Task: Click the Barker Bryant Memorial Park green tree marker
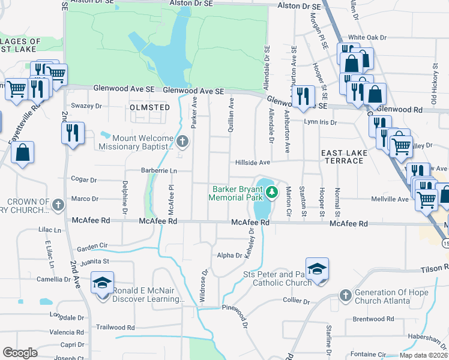[273, 192]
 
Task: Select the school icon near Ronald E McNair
[103, 283]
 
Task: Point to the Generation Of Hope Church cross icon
[345, 295]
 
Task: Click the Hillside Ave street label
[253, 162]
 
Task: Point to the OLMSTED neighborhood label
[150, 107]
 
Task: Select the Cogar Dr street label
[84, 179]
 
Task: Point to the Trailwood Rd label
[118, 328]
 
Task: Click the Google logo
[20, 353]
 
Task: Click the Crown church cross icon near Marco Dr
[58, 205]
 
